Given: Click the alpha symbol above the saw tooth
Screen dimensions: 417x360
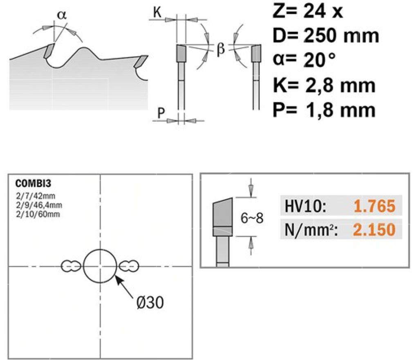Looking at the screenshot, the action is pos(62,15).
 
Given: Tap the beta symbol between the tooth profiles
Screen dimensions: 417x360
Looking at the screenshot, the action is pos(220,49).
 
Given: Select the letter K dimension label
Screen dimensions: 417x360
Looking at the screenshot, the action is pos(157,13).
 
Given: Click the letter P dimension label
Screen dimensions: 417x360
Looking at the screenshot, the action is pos(161,113).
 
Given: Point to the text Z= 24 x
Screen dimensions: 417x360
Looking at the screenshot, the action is pos(308,11).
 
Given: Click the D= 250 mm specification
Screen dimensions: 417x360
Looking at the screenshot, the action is pos(326,36).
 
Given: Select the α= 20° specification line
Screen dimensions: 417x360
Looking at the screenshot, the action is pos(305,60).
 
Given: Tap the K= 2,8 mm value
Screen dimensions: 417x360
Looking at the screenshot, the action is pos(324,85).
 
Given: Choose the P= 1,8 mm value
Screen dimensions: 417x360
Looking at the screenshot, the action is pos(324,110).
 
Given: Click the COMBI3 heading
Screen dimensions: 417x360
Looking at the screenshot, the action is pos(33,183).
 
